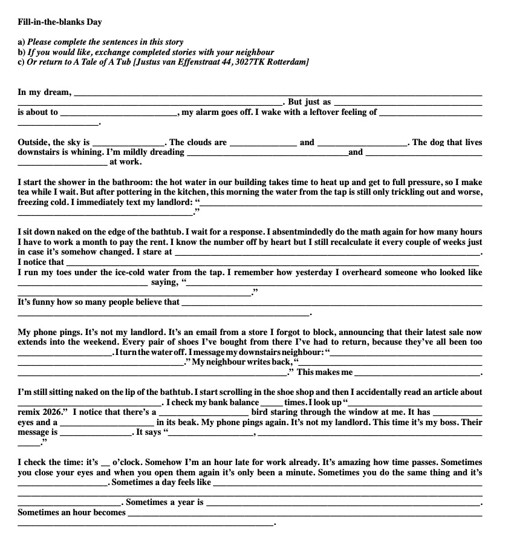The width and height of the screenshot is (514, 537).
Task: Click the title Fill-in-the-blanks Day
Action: tap(60, 22)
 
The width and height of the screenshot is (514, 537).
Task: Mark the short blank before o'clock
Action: tap(106, 463)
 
